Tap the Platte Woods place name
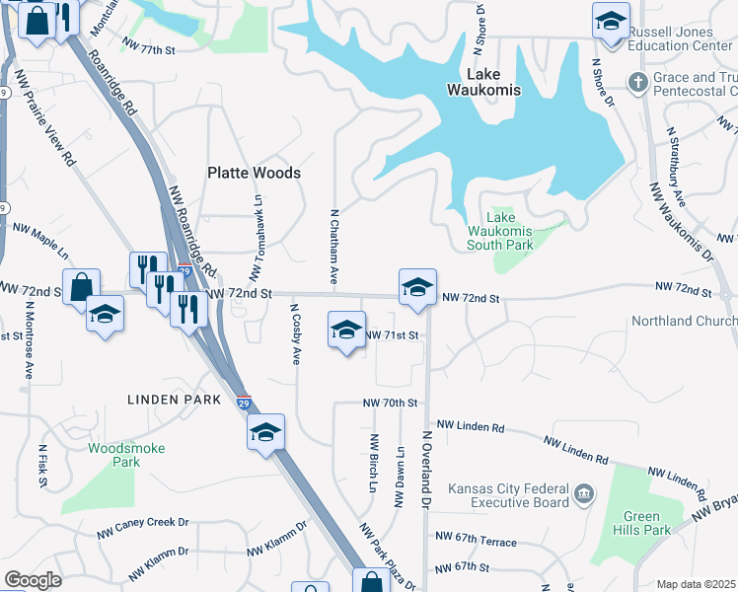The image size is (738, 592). coord(254,173)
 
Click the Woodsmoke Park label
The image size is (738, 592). coord(126,455)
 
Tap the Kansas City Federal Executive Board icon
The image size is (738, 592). coord(583,491)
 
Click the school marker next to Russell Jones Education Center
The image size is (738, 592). coord(611,20)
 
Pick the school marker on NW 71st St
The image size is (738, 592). coord(346,331)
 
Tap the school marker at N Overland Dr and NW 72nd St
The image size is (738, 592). coord(417,288)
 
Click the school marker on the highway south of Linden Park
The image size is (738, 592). coord(265,433)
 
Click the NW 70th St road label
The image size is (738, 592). coord(391,404)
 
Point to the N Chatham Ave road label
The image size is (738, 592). coord(335,248)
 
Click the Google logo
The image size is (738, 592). coord(33,580)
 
